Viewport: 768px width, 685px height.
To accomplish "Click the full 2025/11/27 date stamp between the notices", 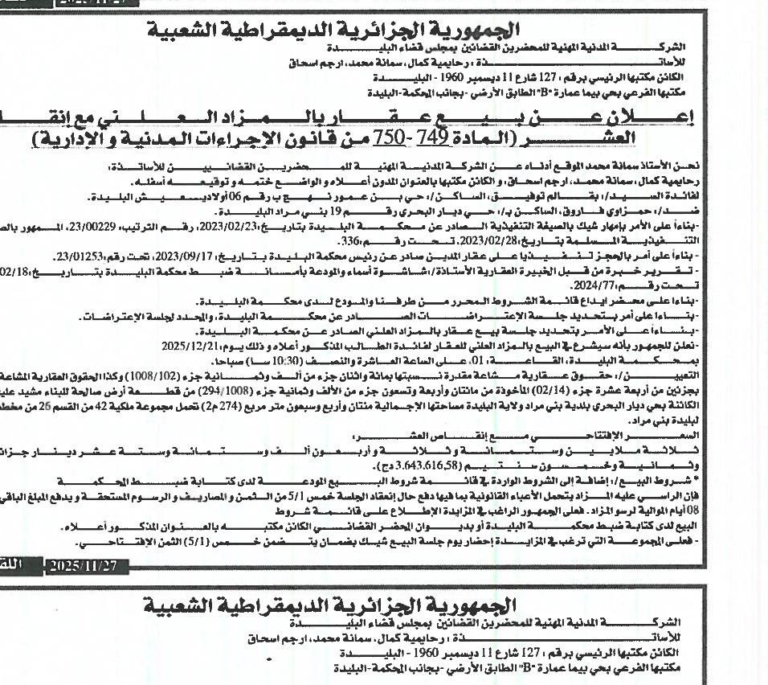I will point(84,566).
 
